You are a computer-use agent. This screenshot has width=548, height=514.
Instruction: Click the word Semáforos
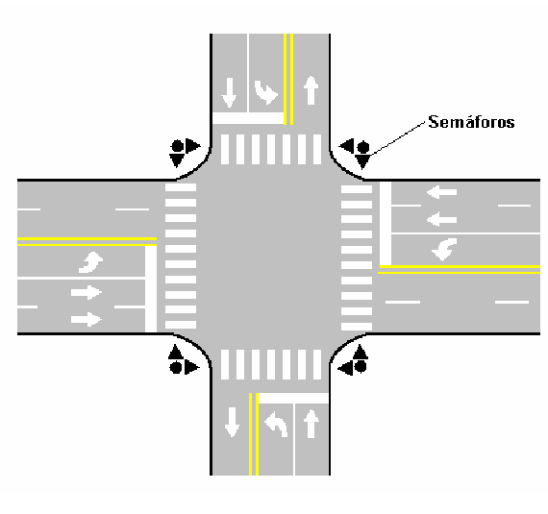471,122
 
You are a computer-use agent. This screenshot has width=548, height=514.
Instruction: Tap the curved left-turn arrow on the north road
266,92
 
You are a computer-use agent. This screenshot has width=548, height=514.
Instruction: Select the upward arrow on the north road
311,90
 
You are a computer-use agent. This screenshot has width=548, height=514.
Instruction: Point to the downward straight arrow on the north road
229,92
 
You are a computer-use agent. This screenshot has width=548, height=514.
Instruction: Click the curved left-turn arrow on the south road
276,424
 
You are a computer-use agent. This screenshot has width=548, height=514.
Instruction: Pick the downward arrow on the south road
232,422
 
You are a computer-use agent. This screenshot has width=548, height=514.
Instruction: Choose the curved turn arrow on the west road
91,262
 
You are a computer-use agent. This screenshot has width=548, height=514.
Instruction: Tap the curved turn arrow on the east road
444,249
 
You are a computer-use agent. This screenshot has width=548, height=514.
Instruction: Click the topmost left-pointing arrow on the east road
441,192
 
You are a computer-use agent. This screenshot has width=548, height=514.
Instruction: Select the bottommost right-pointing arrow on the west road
87,319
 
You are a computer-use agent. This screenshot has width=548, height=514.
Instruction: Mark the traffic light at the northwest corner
185,152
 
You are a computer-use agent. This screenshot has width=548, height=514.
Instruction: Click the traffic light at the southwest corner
184,359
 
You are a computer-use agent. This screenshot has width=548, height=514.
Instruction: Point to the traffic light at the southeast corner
353,359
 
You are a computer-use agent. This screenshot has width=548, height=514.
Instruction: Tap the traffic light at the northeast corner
356,153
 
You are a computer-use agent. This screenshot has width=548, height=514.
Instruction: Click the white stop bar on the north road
248,118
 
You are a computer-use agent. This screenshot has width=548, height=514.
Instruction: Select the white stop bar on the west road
151,289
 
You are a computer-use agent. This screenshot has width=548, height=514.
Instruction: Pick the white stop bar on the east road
386,224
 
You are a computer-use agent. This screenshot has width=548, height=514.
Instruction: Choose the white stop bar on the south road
293,398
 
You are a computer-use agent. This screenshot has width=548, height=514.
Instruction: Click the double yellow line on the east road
460,269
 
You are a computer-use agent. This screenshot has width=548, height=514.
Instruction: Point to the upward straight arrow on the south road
311,424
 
